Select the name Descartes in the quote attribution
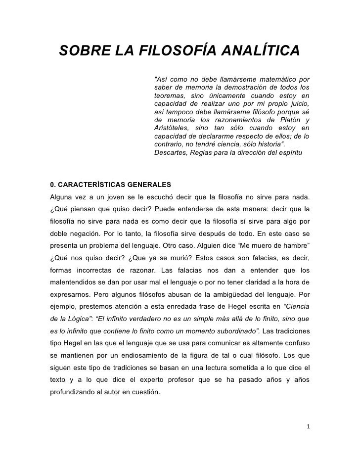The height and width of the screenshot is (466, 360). [170, 153]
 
